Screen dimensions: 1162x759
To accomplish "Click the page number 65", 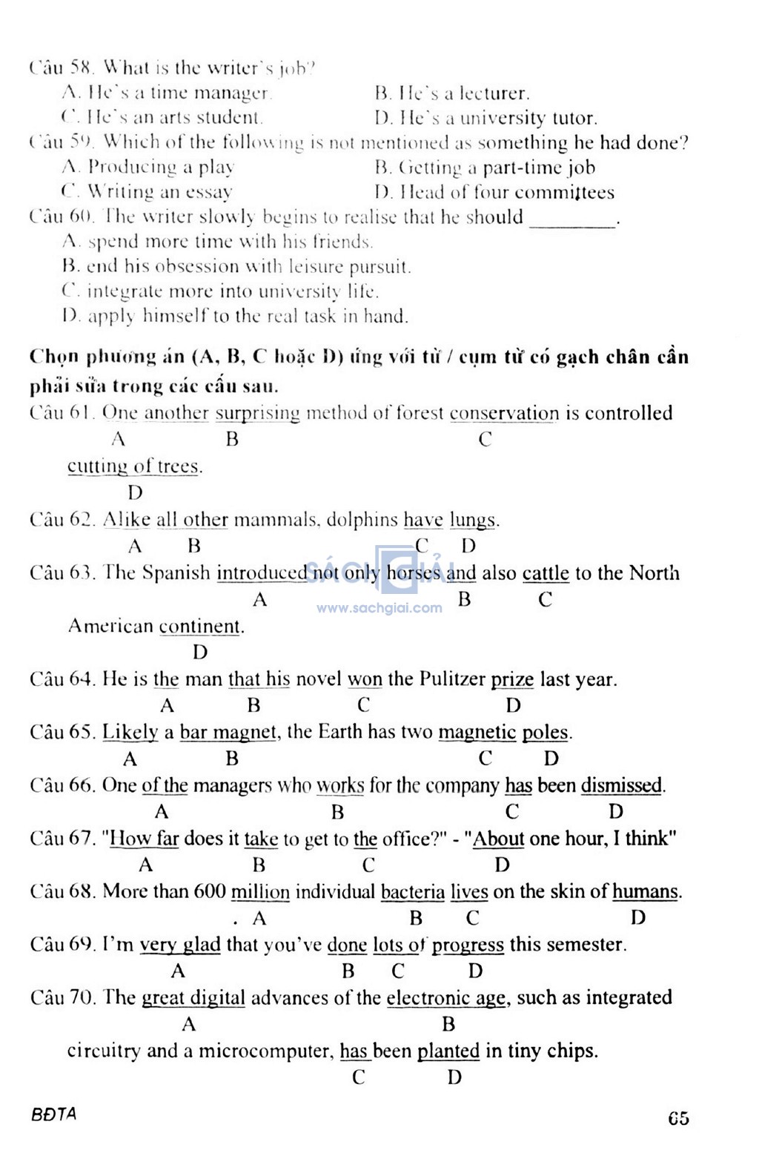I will click(678, 1118).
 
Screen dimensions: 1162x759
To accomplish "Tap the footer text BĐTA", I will click(54, 1115).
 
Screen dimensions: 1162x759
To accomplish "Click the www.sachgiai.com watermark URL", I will click(379, 608).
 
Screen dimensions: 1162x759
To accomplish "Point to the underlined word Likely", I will click(130, 733).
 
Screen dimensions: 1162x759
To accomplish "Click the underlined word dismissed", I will click(623, 785).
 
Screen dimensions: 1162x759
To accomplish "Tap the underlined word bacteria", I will click(413, 892).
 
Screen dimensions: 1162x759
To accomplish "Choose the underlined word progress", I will click(468, 945).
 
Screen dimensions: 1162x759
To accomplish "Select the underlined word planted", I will click(448, 1052).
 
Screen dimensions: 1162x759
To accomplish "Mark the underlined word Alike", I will click(127, 520).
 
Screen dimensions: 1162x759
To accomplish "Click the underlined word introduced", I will click(262, 573).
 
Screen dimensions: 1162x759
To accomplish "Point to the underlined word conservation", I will click(504, 414).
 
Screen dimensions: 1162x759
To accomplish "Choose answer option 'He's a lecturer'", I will click(452, 93).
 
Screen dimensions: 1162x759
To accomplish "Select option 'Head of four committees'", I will click(494, 193).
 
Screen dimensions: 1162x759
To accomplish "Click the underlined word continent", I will click(200, 627).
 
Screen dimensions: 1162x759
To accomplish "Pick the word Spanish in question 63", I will click(176, 573).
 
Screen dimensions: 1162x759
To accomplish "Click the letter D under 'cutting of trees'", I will click(135, 493).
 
